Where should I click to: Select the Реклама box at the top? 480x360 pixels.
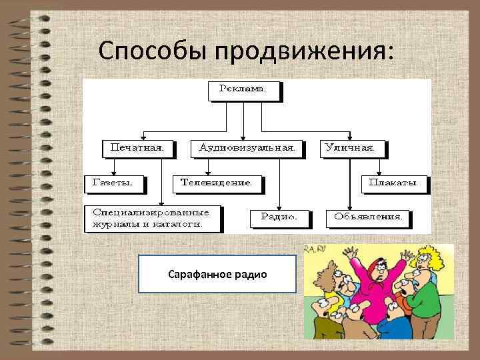click(x=243, y=89)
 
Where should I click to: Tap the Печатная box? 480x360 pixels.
click(x=137, y=147)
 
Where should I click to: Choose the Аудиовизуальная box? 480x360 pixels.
click(x=246, y=147)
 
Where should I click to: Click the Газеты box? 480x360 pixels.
click(x=112, y=181)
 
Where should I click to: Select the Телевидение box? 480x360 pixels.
click(x=217, y=181)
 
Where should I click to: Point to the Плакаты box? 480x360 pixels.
click(x=393, y=181)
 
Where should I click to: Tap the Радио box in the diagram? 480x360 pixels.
click(x=280, y=217)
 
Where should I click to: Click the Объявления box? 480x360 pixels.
click(x=367, y=217)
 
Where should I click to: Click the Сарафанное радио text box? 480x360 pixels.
click(x=217, y=274)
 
